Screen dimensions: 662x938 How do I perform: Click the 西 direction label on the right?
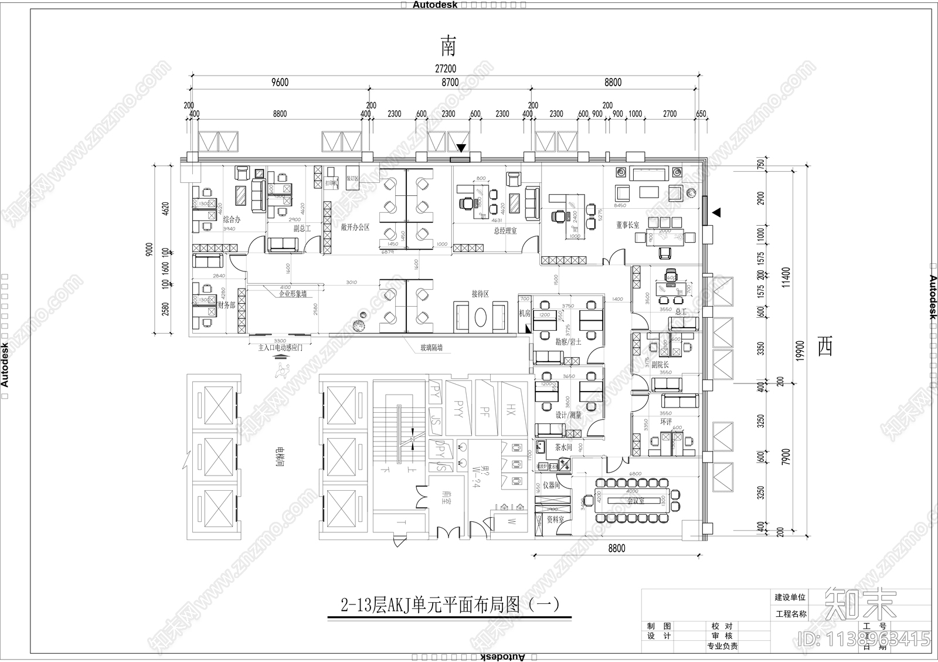pos(825,348)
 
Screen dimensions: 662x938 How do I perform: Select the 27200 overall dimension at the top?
pos(446,69)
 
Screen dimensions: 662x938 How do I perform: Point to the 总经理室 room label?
pos(505,231)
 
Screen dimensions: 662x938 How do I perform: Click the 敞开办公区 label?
pos(355,228)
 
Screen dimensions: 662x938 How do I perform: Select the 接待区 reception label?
pos(480,294)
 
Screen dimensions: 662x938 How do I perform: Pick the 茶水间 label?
pos(563,447)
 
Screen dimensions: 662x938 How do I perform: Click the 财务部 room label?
pos(226,305)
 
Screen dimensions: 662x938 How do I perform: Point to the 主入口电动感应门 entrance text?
pos(280,348)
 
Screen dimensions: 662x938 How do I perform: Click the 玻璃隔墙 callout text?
pos(431,348)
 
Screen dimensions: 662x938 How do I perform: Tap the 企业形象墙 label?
pos(293,294)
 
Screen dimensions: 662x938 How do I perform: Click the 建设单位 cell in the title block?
pos(790,597)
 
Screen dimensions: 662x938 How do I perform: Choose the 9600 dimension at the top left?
pos(280,83)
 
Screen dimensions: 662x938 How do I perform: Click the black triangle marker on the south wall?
pos(461,148)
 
